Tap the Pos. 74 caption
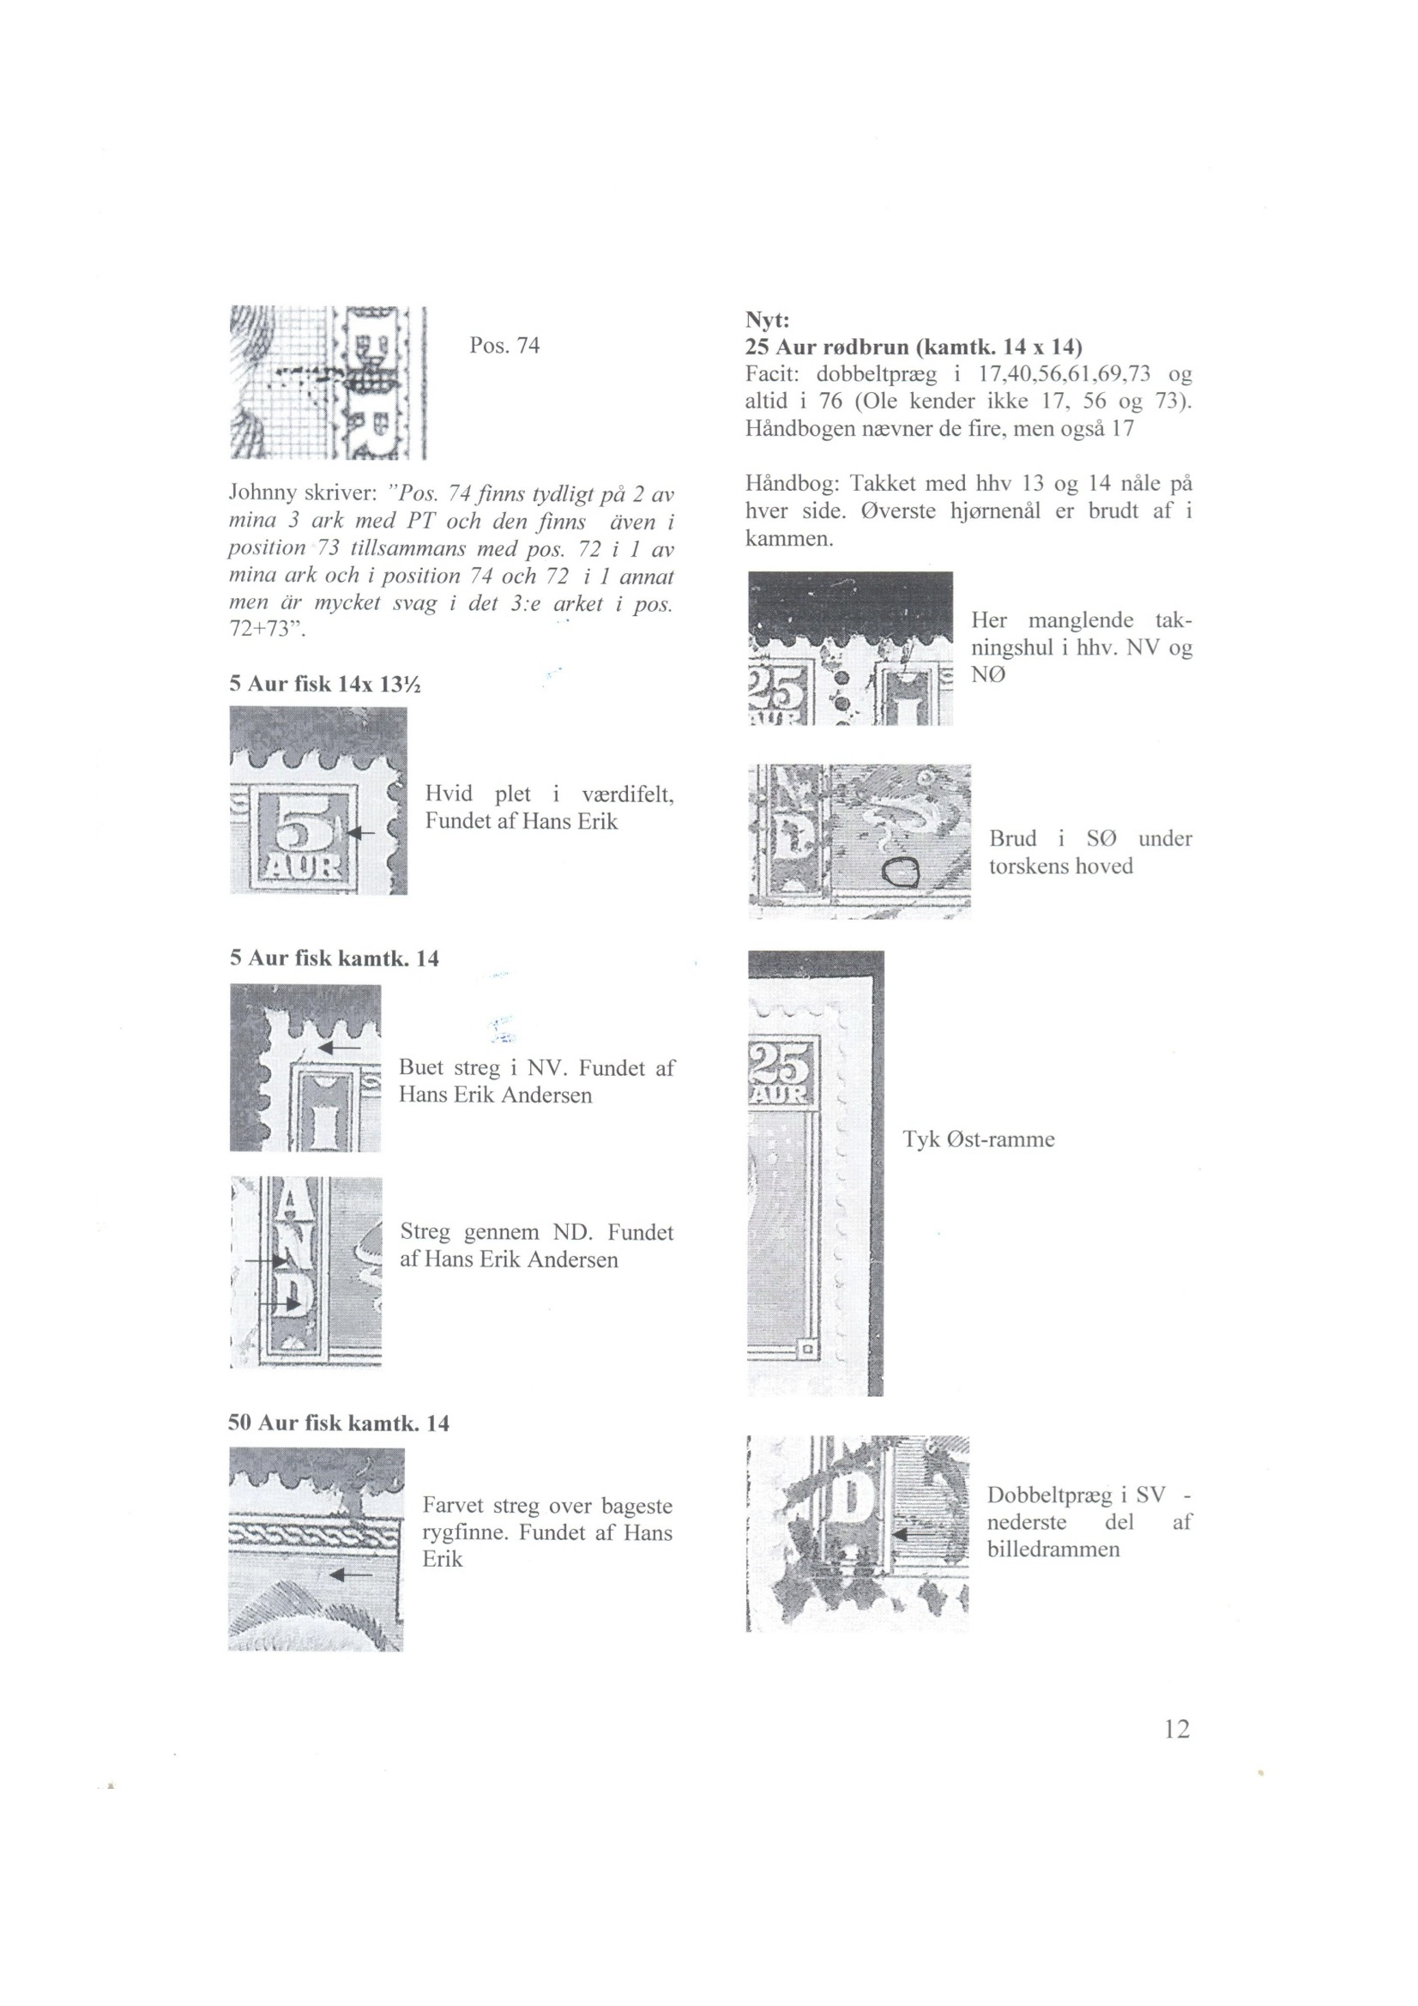click(x=504, y=345)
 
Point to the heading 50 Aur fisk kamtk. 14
click(x=339, y=1423)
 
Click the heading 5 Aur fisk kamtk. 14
click(x=335, y=958)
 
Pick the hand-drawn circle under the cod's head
click(x=900, y=870)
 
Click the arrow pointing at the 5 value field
click(x=361, y=833)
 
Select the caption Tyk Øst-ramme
click(x=979, y=1139)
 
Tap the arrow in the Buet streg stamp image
click(x=339, y=1046)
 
